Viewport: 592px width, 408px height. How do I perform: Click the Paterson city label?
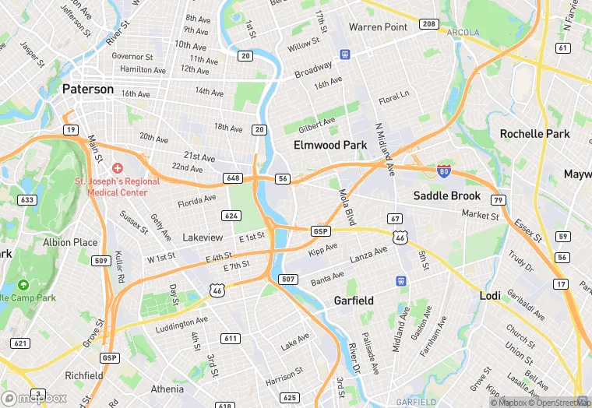pyautogui.click(x=87, y=89)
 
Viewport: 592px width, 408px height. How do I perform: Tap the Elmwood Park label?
pyautogui.click(x=329, y=145)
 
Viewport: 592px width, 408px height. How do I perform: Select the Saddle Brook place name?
pyautogui.click(x=446, y=195)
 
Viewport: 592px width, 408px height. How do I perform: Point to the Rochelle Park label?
pyautogui.click(x=534, y=133)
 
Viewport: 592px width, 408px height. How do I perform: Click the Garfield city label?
pyautogui.click(x=354, y=300)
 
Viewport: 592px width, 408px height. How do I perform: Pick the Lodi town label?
pyautogui.click(x=490, y=296)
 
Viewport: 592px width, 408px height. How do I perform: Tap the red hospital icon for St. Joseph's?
pyautogui.click(x=118, y=168)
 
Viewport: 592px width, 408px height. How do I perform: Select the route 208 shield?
pyautogui.click(x=428, y=24)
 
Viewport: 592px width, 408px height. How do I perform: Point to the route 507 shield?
pyautogui.click(x=288, y=279)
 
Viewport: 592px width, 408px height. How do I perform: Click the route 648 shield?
pyautogui.click(x=232, y=178)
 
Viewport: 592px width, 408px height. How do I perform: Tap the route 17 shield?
pyautogui.click(x=562, y=284)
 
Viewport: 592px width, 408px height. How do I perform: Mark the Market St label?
pyautogui.click(x=480, y=214)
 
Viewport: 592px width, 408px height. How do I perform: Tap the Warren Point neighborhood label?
pyautogui.click(x=378, y=27)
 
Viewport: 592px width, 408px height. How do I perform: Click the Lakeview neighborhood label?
pyautogui.click(x=203, y=237)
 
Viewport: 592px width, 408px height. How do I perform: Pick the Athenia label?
pyautogui.click(x=167, y=389)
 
